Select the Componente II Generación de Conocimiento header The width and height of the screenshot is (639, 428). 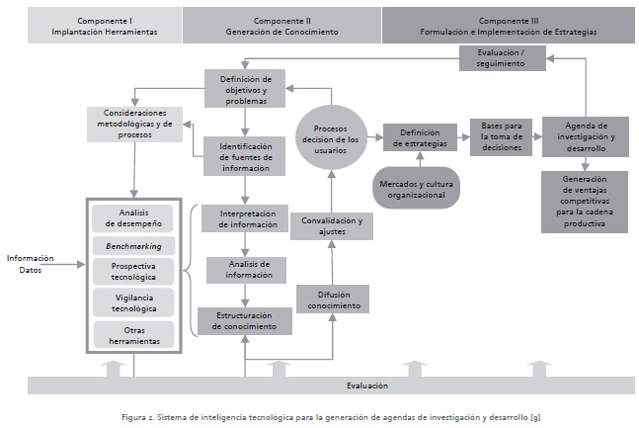pyautogui.click(x=281, y=26)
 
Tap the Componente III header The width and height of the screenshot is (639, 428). pyautogui.click(x=509, y=26)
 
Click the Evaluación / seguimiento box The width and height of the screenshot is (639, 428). pyautogui.click(x=503, y=58)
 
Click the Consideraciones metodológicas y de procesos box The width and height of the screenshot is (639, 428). pyautogui.click(x=137, y=124)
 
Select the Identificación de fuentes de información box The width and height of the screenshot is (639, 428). pyautogui.click(x=245, y=156)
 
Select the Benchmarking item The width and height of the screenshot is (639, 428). pyautogui.click(x=133, y=244)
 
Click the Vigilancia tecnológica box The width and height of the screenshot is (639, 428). pyautogui.click(x=133, y=302)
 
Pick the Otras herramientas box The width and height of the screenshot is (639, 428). pyautogui.click(x=133, y=334)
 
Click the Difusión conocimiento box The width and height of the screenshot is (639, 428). pyautogui.click(x=333, y=300)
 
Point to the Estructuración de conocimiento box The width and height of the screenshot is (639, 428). pyautogui.click(x=245, y=321)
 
